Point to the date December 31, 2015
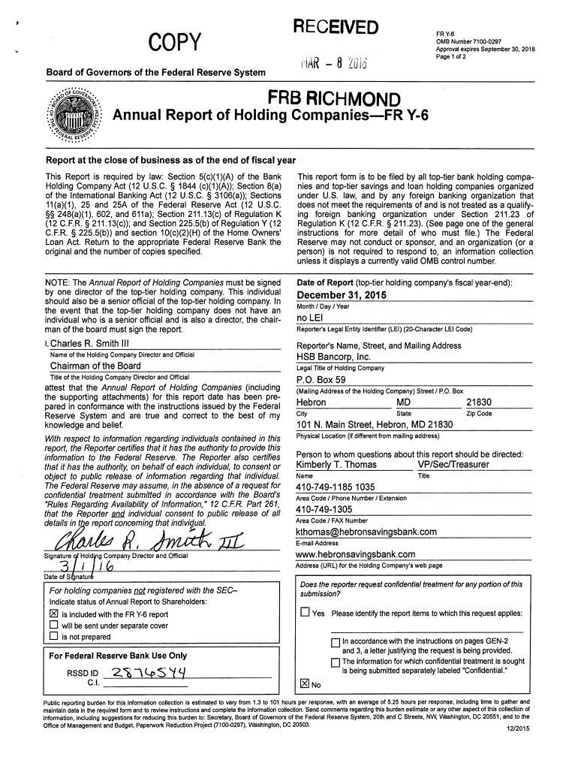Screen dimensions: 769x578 tap(342, 295)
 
